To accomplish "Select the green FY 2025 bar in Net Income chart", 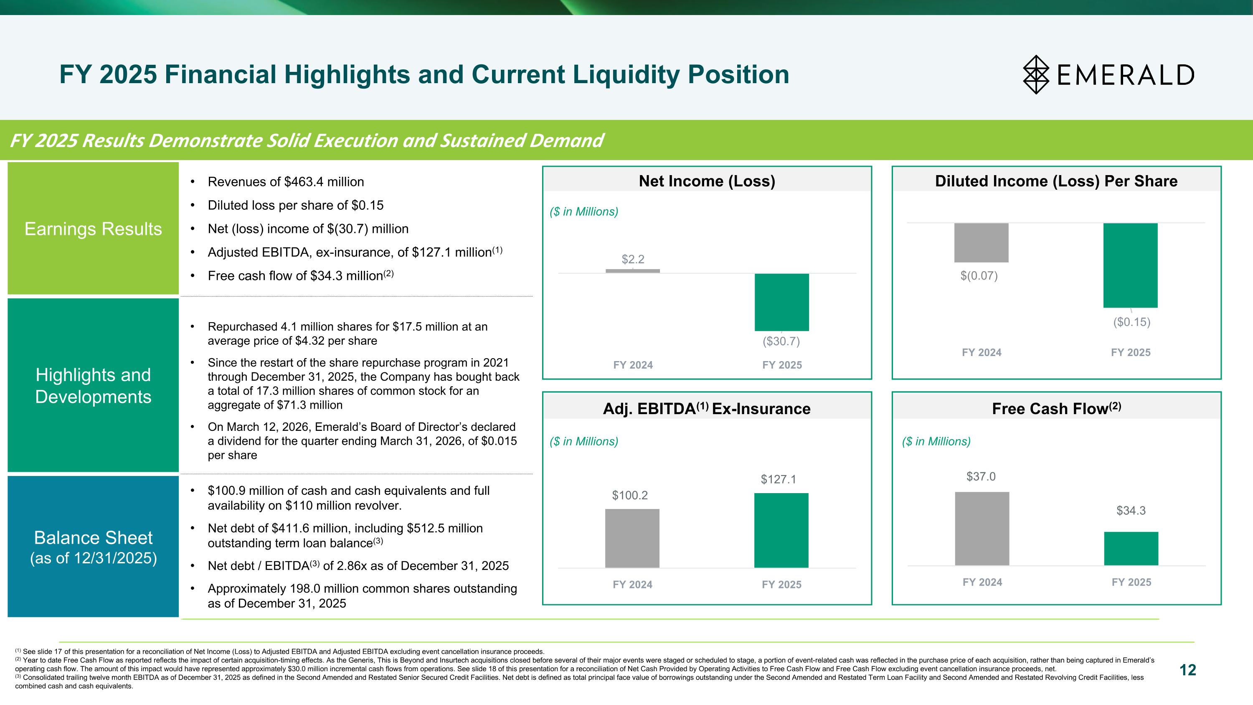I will point(781,302).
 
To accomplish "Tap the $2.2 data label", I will point(633,260).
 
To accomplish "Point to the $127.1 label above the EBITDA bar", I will point(778,479).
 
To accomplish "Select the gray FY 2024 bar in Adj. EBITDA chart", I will point(632,538).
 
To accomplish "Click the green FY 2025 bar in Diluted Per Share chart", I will point(1130,265).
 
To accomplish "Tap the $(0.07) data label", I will point(979,276).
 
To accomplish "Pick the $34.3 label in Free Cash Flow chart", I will point(1131,510).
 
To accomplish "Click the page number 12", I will point(1187,670).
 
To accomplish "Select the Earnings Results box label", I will point(93,229).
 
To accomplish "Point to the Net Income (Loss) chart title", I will point(706,181).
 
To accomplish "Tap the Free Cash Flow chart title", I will point(1056,408).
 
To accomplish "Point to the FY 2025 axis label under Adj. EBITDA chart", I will point(781,584).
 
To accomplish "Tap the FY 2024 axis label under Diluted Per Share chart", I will point(981,352).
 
